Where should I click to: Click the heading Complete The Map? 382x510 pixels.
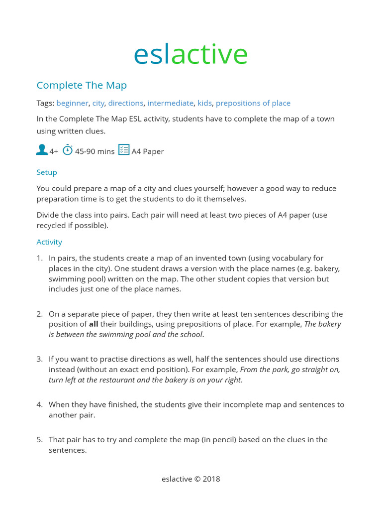82,85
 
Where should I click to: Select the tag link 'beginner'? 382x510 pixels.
72,103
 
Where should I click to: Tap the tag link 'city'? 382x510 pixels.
98,103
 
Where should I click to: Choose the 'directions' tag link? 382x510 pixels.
125,103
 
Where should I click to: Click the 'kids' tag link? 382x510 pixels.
204,103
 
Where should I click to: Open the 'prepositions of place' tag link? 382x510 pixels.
253,103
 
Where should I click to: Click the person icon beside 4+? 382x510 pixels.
42,150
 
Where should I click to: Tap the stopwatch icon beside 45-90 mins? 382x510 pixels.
68,150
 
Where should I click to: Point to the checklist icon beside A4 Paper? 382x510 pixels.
124,150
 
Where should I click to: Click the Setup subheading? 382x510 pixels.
47,172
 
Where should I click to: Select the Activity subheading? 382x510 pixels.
49,242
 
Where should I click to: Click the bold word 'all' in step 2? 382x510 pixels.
94,324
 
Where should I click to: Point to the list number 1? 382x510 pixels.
40,258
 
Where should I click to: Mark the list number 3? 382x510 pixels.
40,359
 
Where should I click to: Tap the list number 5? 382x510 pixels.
40,440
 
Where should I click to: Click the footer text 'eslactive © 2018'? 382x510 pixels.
191,479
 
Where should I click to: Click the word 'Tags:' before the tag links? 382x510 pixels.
45,103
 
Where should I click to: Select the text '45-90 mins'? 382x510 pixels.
95,151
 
